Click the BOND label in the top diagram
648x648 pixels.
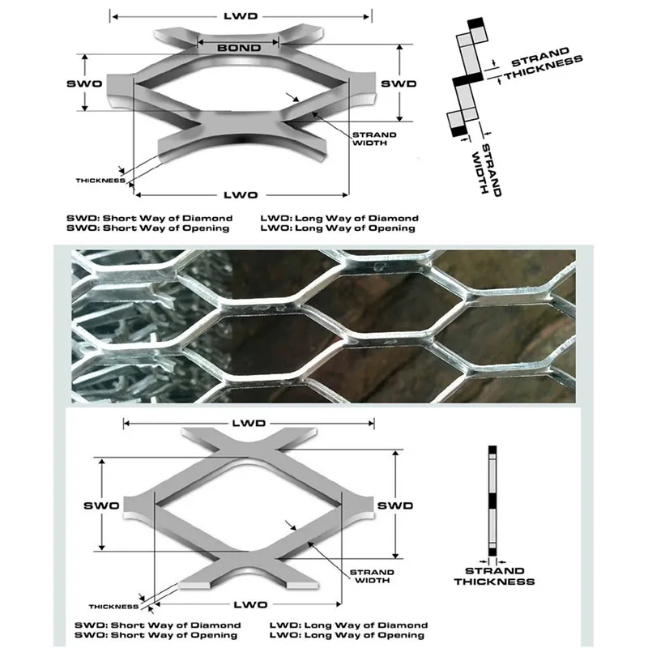tap(239, 48)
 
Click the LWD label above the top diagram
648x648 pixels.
tap(241, 16)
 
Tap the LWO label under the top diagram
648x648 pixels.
tap(241, 195)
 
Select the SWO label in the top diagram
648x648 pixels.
tap(84, 83)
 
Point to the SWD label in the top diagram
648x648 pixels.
tap(399, 84)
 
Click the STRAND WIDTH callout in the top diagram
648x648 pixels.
tap(374, 139)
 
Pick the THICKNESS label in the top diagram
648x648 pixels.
tap(100, 181)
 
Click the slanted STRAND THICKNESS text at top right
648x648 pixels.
tap(543, 64)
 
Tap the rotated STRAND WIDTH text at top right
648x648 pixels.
tap(487, 169)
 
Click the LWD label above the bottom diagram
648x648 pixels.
tap(249, 423)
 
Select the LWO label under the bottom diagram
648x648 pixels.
tap(250, 604)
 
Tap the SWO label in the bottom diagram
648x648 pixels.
tap(101, 505)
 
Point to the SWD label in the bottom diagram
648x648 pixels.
tap(395, 505)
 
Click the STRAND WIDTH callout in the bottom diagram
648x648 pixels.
tap(372, 576)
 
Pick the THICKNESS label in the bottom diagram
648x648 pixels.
tap(113, 607)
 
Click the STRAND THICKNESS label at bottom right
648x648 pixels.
tap(494, 576)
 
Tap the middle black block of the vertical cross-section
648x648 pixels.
tap(492, 501)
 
